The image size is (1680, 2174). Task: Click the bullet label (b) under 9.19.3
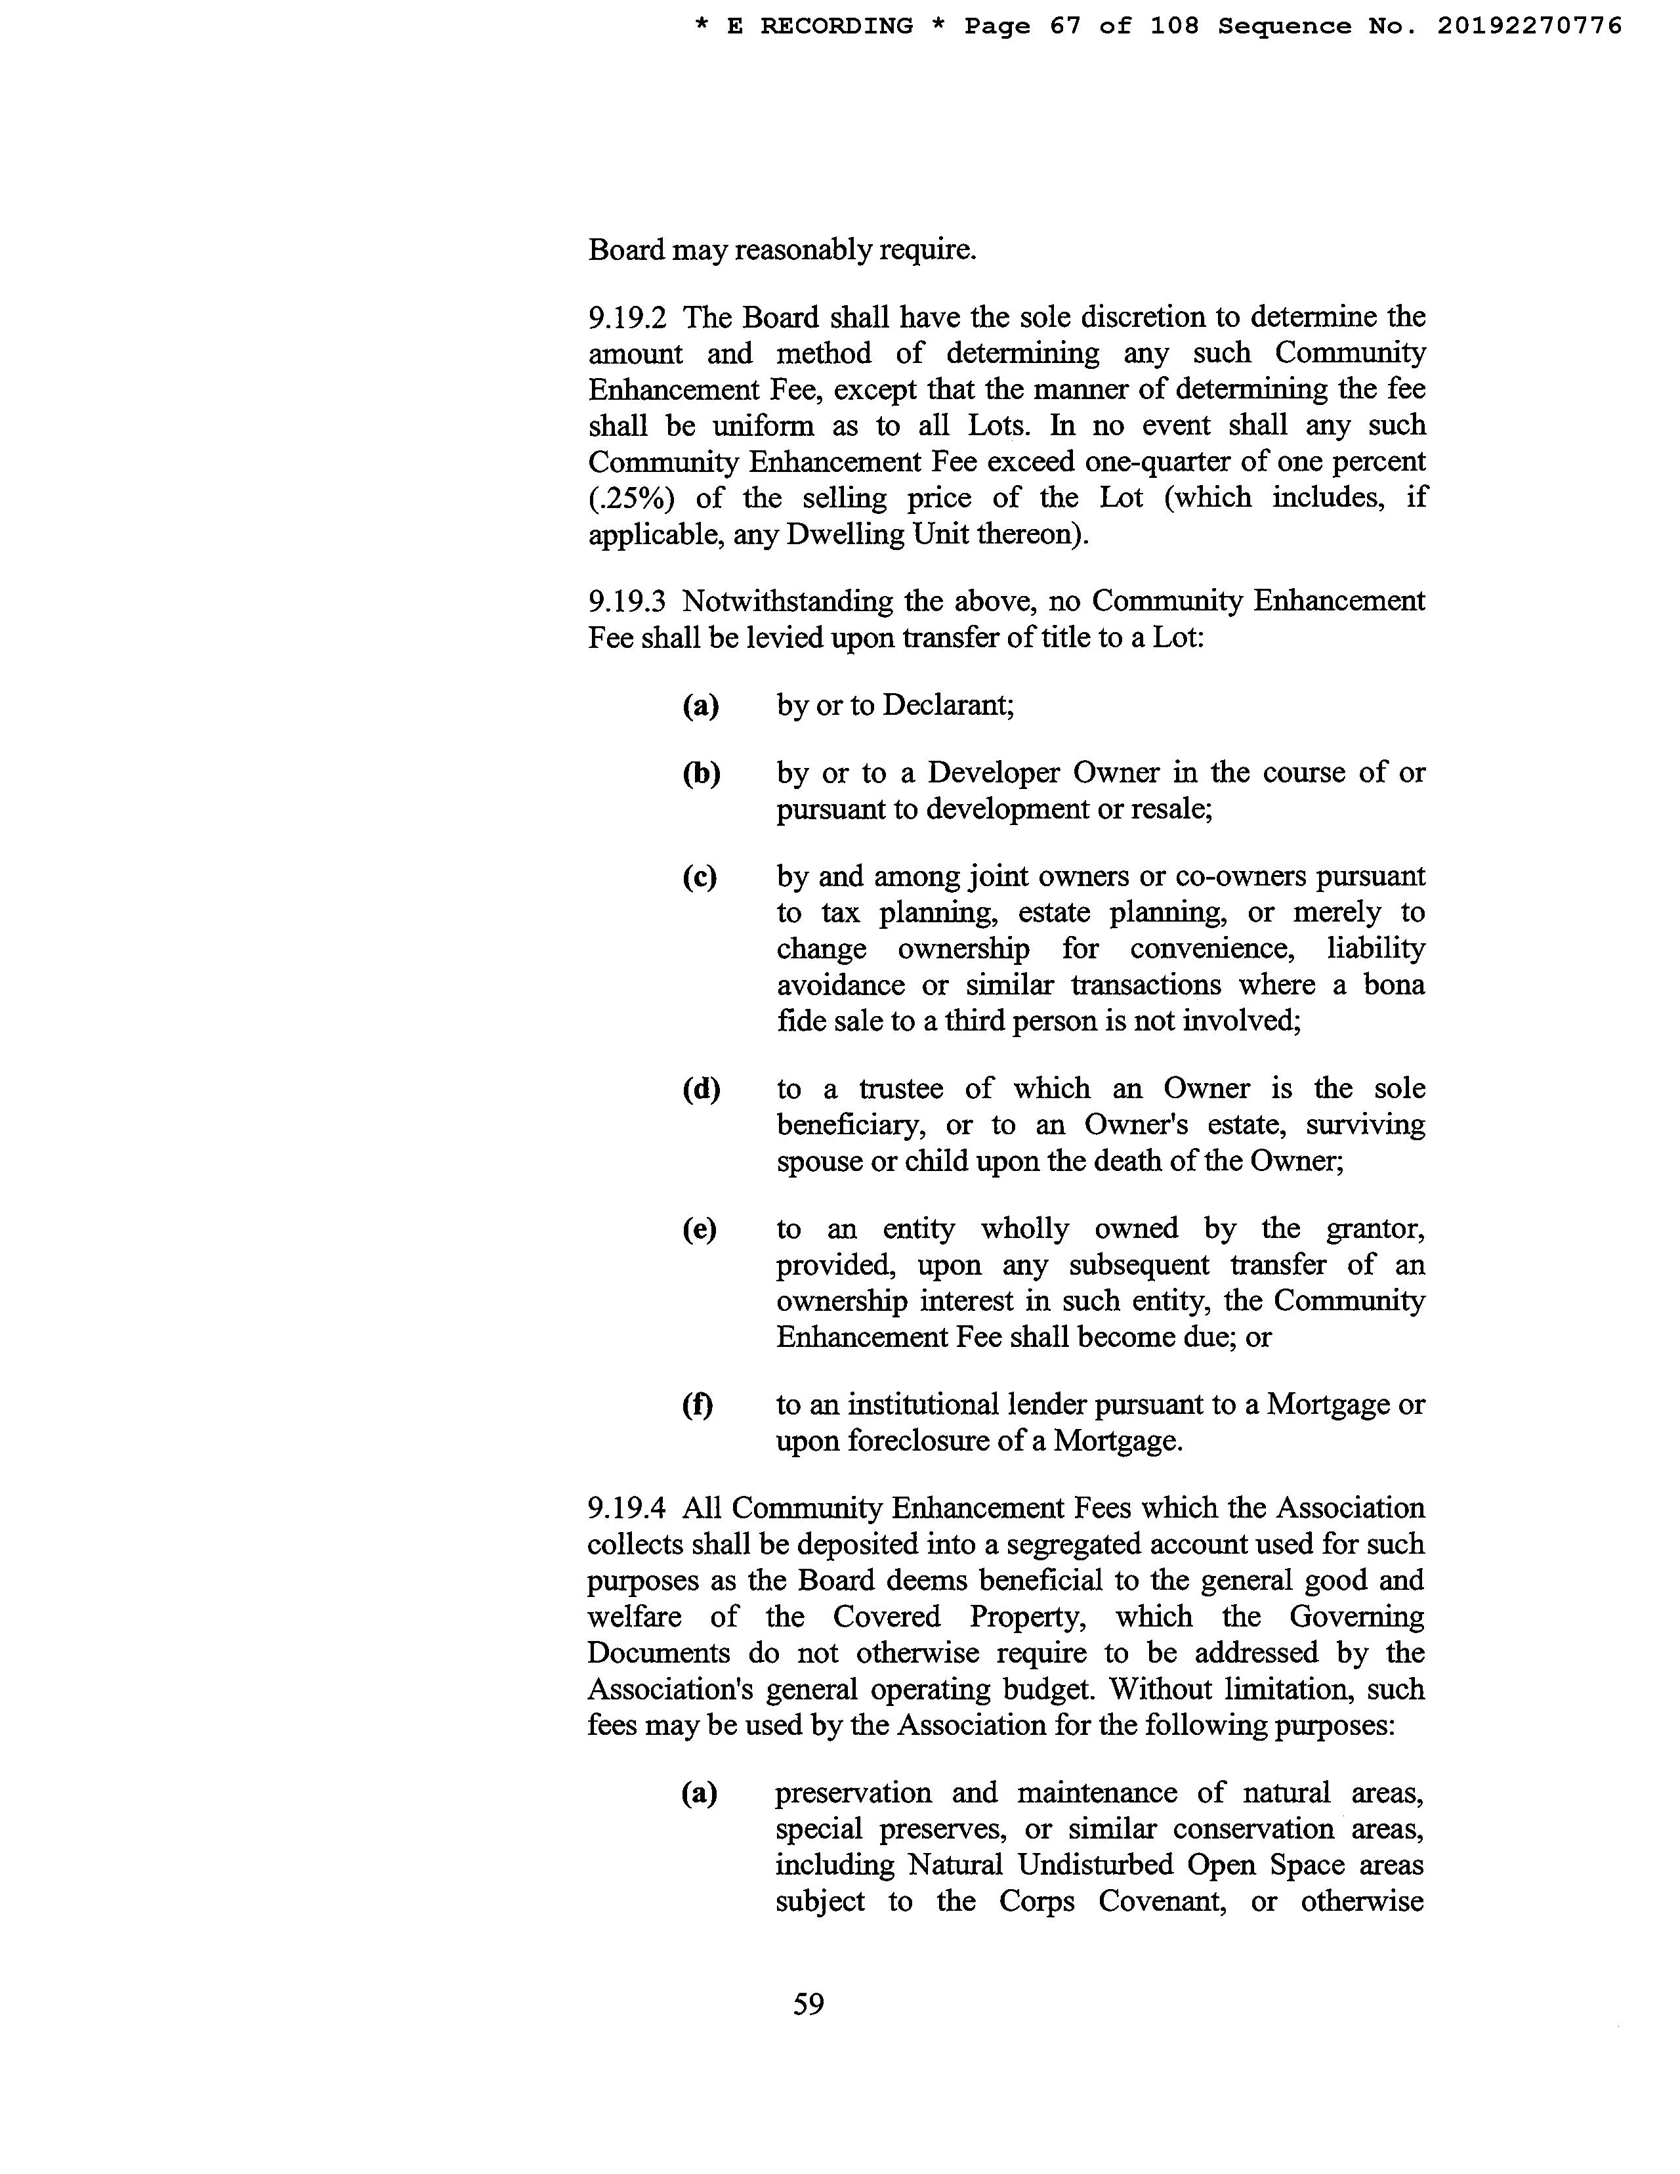[x=701, y=773]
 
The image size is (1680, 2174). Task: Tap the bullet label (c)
[x=700, y=877]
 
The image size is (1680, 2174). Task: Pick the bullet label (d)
[x=701, y=1089]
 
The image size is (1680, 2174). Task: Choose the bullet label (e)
[x=700, y=1229]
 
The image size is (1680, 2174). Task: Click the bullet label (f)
[x=698, y=1405]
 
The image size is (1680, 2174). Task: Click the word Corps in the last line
[x=1037, y=1901]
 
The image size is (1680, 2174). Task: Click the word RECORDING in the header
[x=837, y=26]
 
